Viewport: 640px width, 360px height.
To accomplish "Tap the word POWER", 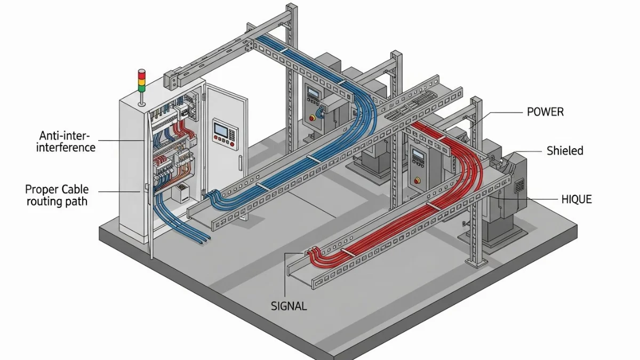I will [x=545, y=112].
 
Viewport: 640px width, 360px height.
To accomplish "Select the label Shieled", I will [x=565, y=151].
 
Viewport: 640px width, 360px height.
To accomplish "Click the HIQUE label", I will [x=577, y=199].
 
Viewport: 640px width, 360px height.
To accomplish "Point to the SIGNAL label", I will [x=289, y=306].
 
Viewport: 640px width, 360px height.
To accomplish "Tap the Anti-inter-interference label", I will [x=66, y=141].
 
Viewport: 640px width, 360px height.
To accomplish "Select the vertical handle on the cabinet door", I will [x=241, y=163].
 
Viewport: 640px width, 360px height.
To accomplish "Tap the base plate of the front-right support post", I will [x=477, y=262].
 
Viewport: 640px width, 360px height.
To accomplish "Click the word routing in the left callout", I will [x=45, y=203].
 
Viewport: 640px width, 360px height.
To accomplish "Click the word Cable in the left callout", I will [x=75, y=189].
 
